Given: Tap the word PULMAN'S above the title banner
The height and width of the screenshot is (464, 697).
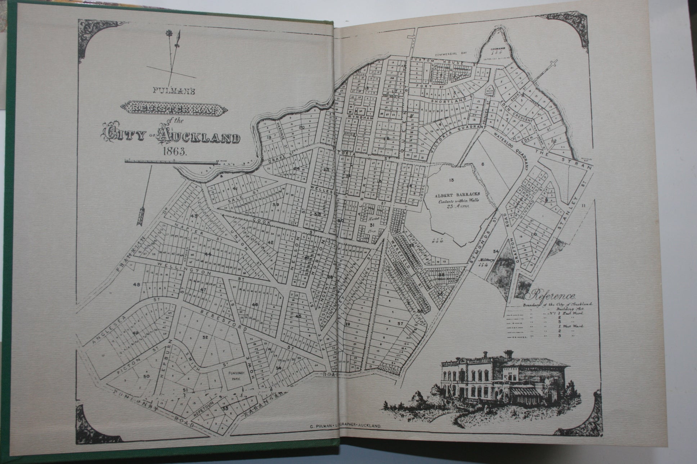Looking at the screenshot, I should click(174, 92).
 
